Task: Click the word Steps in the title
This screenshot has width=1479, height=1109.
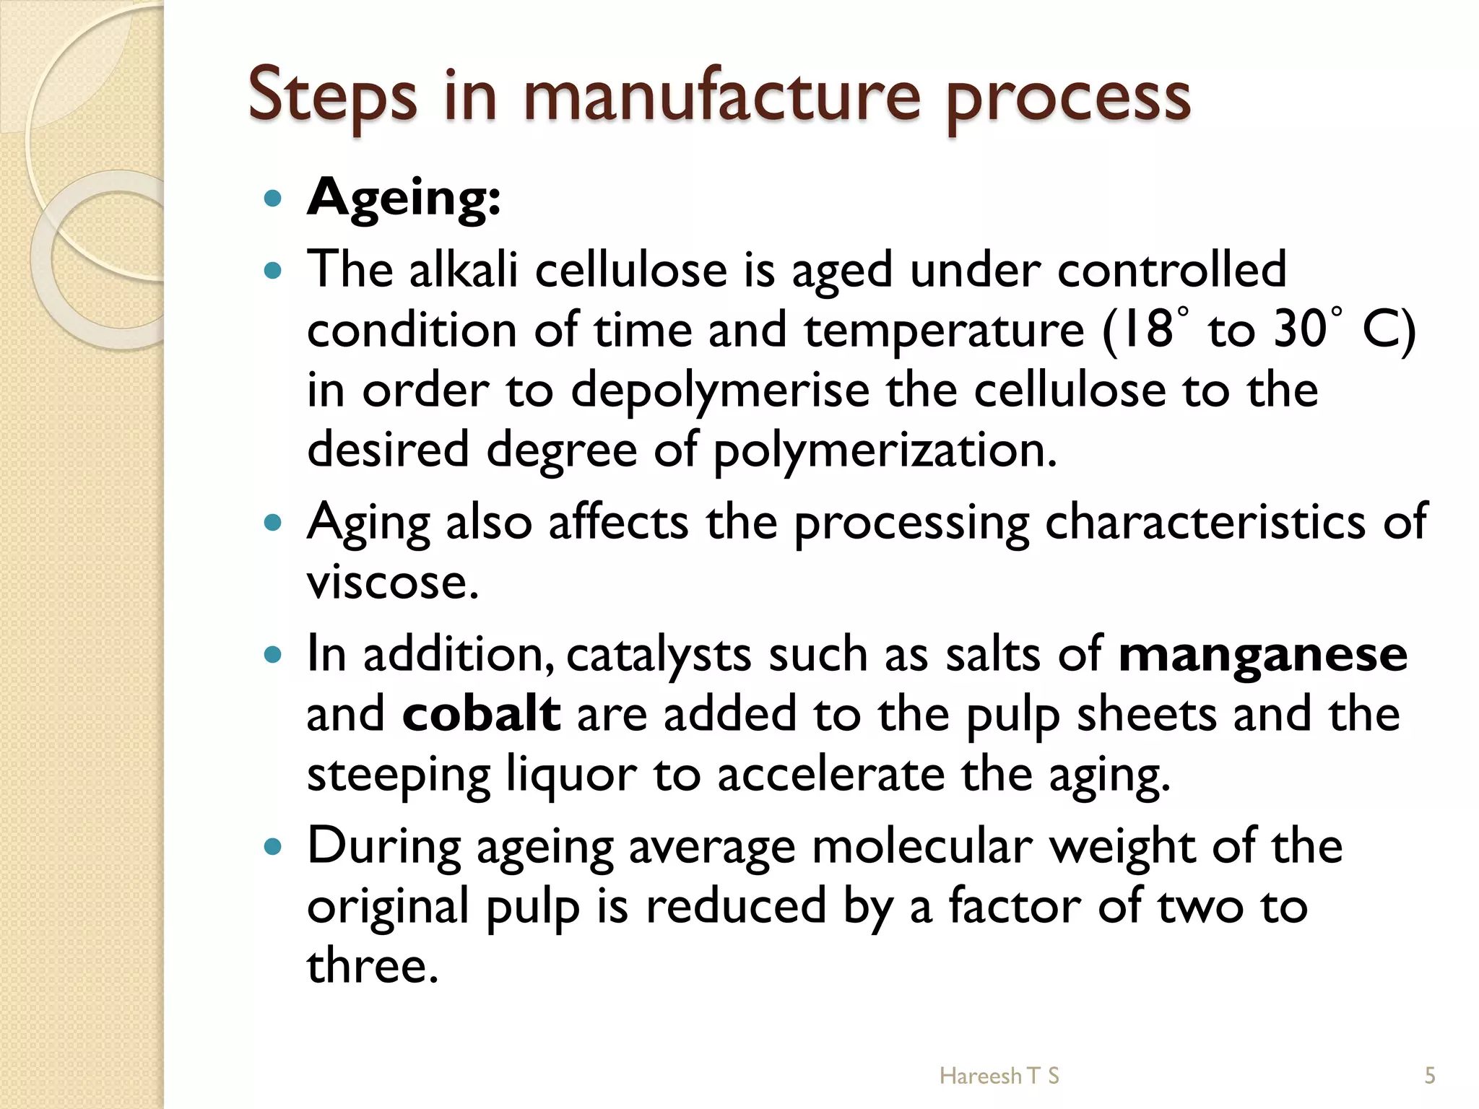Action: click(332, 97)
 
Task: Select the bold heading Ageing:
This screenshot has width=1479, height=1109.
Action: click(404, 198)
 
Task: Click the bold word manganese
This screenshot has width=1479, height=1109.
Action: click(1262, 654)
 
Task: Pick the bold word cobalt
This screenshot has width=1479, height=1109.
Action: click(481, 714)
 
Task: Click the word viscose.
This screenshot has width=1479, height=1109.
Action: click(392, 582)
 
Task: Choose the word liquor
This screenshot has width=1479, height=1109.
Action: click(571, 774)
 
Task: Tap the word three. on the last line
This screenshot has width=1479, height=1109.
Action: click(373, 966)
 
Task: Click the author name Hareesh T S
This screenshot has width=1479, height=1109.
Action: click(999, 1076)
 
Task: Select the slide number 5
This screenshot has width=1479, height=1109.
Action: click(1429, 1076)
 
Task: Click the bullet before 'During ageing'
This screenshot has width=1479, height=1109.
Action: click(272, 846)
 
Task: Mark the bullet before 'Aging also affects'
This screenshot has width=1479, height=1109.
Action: click(272, 522)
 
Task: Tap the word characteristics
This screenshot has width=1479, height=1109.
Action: click(1205, 522)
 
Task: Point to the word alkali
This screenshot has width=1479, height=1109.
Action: click(464, 270)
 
